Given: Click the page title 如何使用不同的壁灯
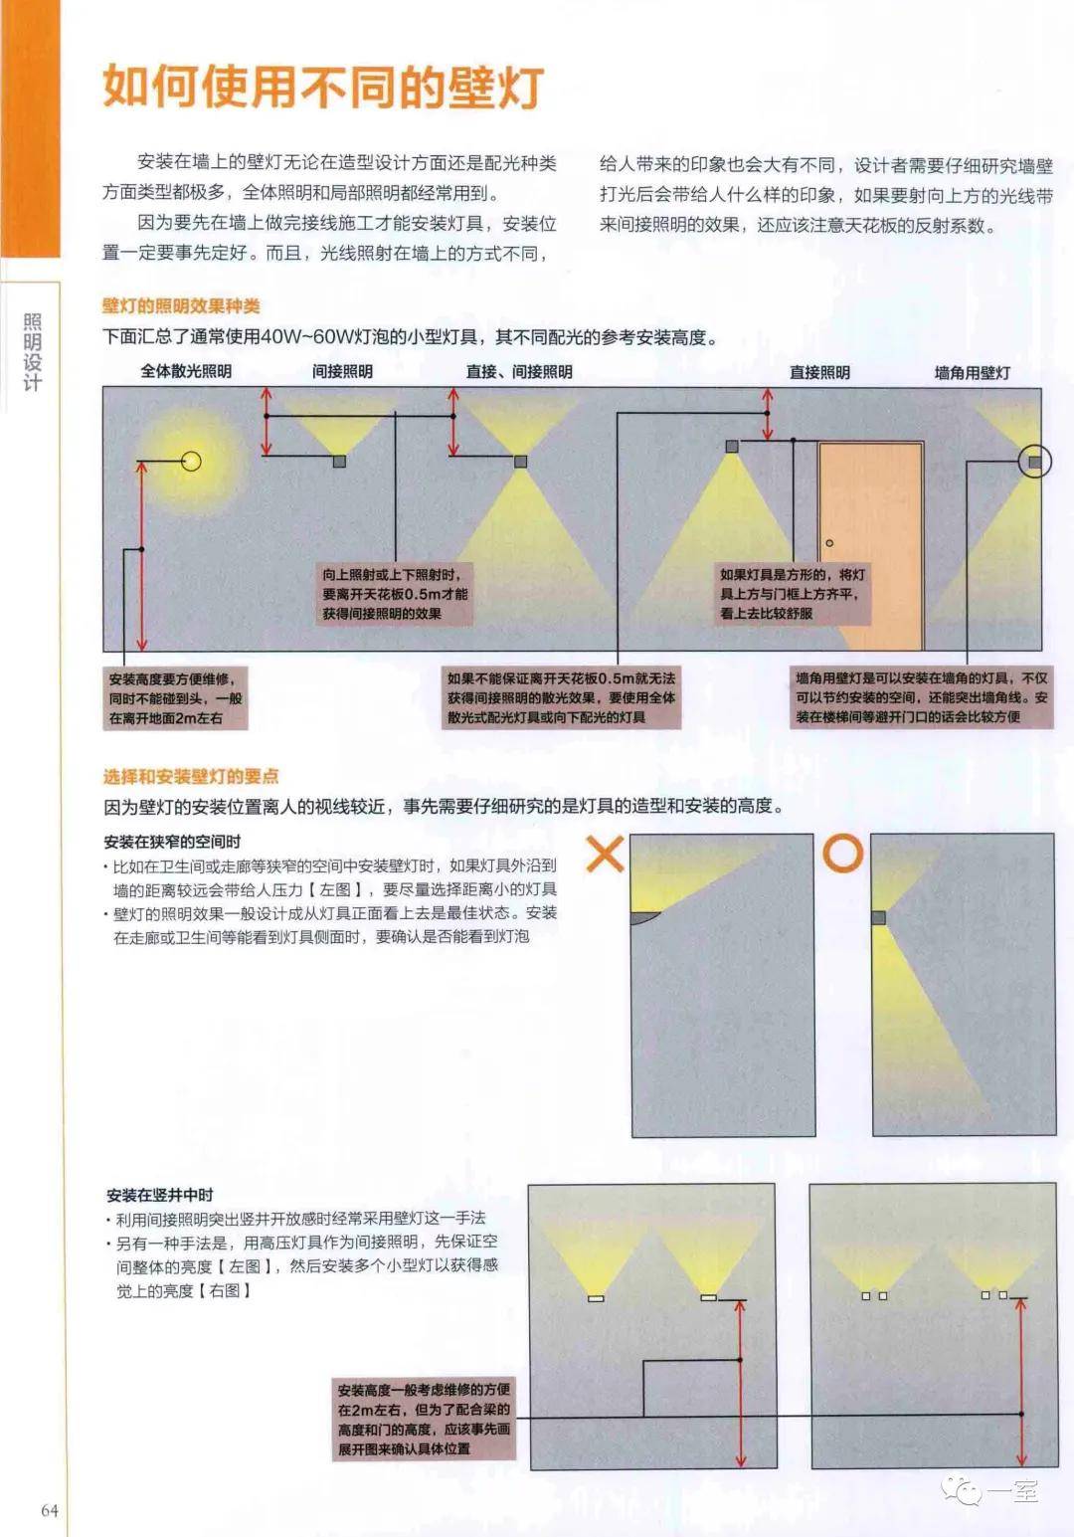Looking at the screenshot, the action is (x=324, y=88).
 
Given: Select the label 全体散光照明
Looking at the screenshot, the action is (x=186, y=371).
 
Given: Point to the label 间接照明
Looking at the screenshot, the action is (x=342, y=371).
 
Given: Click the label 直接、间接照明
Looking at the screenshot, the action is (x=519, y=372).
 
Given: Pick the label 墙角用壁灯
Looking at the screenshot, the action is (x=972, y=373).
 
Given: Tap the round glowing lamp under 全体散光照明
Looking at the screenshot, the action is (x=191, y=462).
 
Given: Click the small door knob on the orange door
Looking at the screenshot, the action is (x=829, y=543).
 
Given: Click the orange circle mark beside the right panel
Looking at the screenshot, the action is (x=842, y=853).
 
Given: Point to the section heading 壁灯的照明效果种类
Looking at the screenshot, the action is (x=181, y=306).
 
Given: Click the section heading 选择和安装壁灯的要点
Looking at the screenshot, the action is (x=191, y=776).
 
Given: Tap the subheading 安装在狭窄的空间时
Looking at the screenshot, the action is (x=172, y=842).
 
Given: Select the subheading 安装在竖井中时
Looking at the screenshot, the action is (x=160, y=1195).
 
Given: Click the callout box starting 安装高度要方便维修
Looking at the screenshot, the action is (x=176, y=698).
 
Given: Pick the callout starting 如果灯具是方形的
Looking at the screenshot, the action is (x=793, y=594).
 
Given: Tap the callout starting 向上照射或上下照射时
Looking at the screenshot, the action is (x=395, y=594).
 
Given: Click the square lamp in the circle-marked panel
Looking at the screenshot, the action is (x=878, y=917).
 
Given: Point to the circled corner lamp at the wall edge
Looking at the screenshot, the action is (x=1035, y=462).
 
